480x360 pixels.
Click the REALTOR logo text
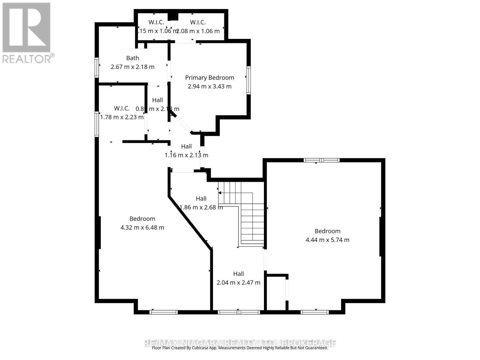[27, 58]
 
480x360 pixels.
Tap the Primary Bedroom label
[209, 78]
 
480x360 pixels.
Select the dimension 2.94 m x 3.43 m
[209, 86]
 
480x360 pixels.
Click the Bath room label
[132, 58]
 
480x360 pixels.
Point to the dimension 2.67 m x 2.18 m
[132, 67]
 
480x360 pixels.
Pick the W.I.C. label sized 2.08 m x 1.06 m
[198, 22]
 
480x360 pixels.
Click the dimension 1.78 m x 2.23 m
[121, 117]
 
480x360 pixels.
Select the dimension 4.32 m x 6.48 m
[142, 227]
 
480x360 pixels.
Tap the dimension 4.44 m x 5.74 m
[327, 240]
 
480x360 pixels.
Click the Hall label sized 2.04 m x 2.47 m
[238, 274]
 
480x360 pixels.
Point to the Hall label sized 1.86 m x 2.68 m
[201, 198]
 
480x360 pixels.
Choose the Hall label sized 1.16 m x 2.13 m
[186, 146]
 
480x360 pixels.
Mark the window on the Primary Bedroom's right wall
[248, 80]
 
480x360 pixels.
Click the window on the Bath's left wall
[97, 67]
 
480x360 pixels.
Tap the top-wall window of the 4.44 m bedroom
[321, 160]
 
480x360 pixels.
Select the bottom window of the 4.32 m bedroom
[163, 312]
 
